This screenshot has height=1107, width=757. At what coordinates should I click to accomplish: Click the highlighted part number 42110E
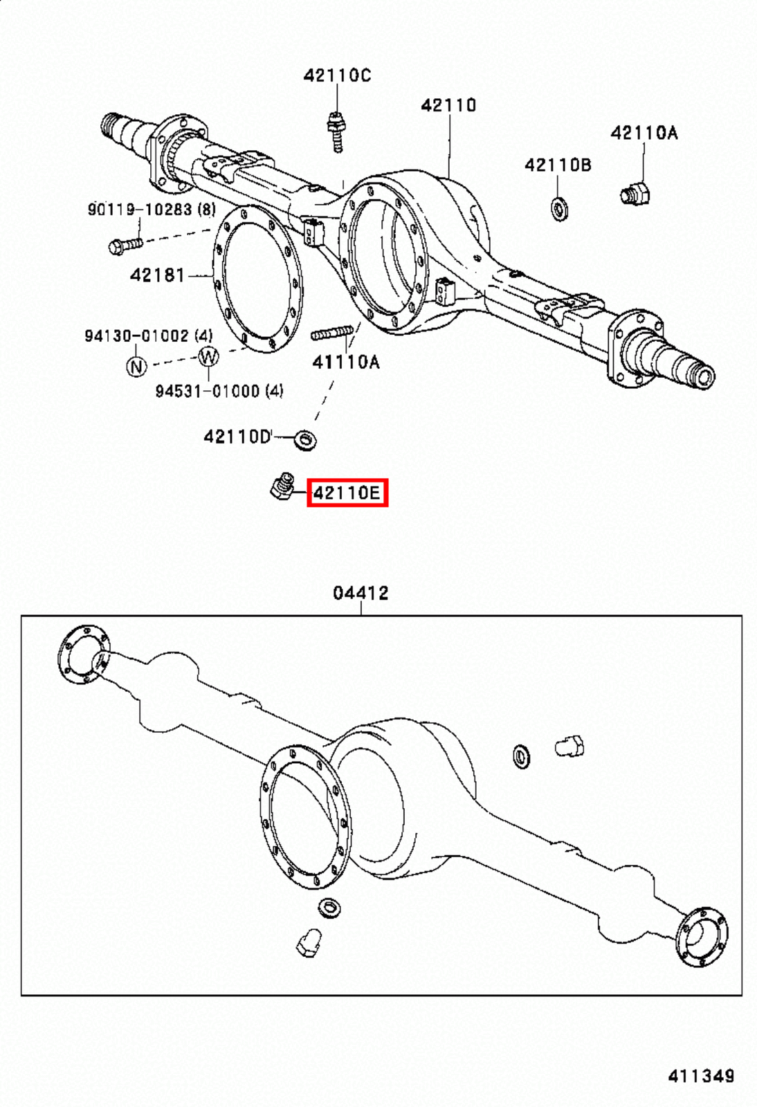pyautogui.click(x=347, y=493)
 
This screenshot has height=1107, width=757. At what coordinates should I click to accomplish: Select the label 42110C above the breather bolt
pyautogui.click(x=337, y=75)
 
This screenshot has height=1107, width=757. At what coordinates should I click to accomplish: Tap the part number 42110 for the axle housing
pyautogui.click(x=448, y=105)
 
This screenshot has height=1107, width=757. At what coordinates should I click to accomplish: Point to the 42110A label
pyautogui.click(x=644, y=133)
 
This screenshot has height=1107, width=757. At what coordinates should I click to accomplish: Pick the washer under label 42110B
pyautogui.click(x=559, y=208)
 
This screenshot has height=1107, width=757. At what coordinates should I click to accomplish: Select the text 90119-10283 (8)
pyautogui.click(x=151, y=209)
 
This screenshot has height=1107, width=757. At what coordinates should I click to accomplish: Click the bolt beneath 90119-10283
pyautogui.click(x=125, y=244)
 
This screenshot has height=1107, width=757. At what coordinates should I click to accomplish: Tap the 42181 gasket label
pyautogui.click(x=158, y=275)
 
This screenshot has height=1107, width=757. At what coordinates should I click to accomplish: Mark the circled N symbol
pyautogui.click(x=136, y=366)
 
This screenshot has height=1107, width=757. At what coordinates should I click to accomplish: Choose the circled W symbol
pyautogui.click(x=208, y=357)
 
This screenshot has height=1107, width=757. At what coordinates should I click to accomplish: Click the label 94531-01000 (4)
pyautogui.click(x=219, y=391)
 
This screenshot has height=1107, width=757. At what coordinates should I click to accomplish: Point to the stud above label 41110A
pyautogui.click(x=331, y=334)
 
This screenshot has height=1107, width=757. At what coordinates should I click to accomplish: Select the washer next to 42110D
pyautogui.click(x=304, y=439)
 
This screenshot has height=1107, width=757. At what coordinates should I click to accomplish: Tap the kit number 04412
pyautogui.click(x=361, y=593)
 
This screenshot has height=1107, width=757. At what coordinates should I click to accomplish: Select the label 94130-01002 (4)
pyautogui.click(x=148, y=336)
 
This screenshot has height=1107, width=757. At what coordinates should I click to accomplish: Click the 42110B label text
pyautogui.click(x=558, y=165)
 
